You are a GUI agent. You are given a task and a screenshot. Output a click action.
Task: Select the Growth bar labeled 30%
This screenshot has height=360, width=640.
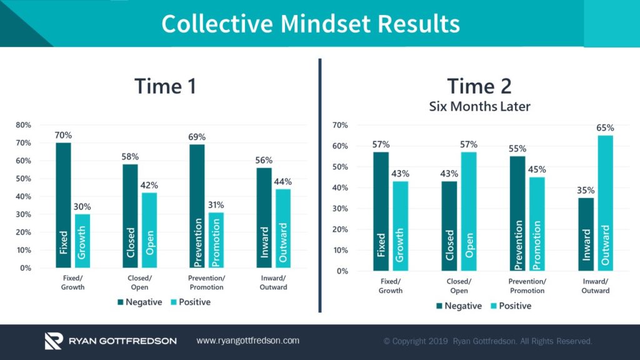(x=83, y=241)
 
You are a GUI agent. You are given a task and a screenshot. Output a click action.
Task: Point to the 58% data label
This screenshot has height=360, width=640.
(x=130, y=157)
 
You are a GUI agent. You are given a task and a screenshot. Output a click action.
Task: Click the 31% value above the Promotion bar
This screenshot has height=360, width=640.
(x=216, y=205)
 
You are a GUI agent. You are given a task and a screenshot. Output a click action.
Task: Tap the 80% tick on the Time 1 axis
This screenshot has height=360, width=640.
(x=23, y=125)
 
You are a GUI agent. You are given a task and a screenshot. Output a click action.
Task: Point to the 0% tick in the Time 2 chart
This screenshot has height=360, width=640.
(x=341, y=271)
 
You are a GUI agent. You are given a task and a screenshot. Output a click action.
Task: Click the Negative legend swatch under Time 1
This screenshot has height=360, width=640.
(x=120, y=302)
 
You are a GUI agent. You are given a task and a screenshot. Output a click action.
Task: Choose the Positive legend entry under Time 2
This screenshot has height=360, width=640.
(x=510, y=306)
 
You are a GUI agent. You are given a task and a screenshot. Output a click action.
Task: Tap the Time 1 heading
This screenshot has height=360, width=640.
(x=165, y=86)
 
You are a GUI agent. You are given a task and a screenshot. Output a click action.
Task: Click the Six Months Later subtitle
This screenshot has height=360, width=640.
(x=479, y=106)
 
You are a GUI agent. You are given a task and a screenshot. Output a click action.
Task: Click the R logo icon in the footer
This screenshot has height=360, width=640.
(x=54, y=341)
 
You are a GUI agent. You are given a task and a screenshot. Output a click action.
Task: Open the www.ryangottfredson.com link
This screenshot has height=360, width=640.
(x=247, y=341)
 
